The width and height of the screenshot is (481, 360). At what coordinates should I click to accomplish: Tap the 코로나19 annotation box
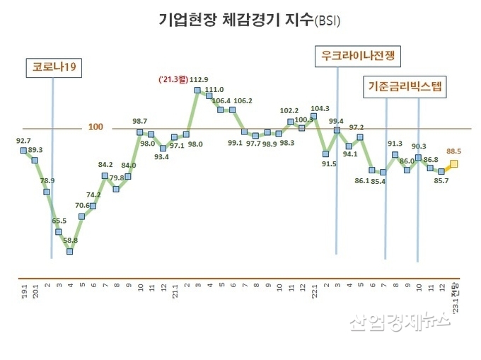(x=54, y=68)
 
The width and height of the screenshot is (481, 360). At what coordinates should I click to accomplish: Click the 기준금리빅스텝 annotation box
(x=404, y=88)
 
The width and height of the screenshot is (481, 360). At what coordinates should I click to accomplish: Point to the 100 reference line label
(x=96, y=127)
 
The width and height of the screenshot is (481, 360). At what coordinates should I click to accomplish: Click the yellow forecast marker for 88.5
(x=453, y=164)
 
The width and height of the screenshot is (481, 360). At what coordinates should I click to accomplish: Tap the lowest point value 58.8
(x=70, y=240)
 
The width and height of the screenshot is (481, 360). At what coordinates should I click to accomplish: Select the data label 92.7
(x=23, y=141)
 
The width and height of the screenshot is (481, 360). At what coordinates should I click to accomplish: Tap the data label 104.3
(x=320, y=108)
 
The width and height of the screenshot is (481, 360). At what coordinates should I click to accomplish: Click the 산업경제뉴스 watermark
(x=400, y=322)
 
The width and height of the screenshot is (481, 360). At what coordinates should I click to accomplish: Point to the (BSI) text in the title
(x=326, y=22)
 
